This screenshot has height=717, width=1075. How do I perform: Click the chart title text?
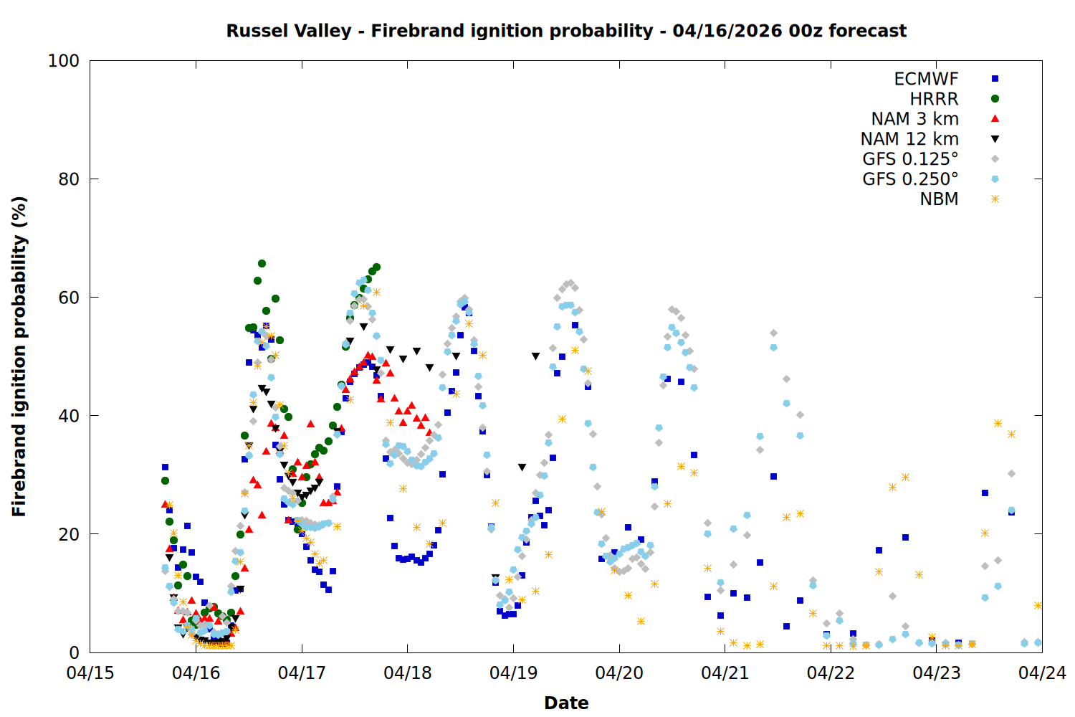click(x=566, y=31)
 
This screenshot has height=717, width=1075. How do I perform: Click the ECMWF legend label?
click(x=926, y=79)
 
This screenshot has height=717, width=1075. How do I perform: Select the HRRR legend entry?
click(x=934, y=99)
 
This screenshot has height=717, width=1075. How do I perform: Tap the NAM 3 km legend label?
click(x=914, y=119)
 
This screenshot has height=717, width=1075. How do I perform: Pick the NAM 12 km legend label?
click(x=909, y=139)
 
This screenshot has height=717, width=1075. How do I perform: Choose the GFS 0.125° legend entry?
click(x=910, y=159)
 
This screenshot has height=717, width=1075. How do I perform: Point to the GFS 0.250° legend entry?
click(x=910, y=179)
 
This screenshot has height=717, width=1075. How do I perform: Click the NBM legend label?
click(x=939, y=199)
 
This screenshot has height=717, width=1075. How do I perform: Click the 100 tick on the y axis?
click(x=64, y=61)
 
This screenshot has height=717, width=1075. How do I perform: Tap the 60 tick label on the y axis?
click(x=69, y=298)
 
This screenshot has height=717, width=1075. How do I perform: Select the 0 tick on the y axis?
click(x=74, y=652)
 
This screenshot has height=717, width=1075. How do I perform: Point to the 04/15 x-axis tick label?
click(x=90, y=673)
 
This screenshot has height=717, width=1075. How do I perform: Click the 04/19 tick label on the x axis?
click(x=513, y=673)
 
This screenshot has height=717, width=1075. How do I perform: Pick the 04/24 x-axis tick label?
click(x=1042, y=673)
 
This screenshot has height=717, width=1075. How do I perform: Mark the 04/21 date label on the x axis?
click(x=725, y=673)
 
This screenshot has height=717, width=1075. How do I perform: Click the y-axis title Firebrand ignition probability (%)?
click(x=19, y=356)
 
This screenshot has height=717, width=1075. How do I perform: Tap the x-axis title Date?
click(x=566, y=703)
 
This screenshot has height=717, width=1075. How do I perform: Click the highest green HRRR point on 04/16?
click(x=262, y=263)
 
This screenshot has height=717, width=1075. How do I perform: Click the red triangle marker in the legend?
click(x=995, y=119)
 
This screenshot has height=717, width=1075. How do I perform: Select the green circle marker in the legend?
click(x=995, y=99)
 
